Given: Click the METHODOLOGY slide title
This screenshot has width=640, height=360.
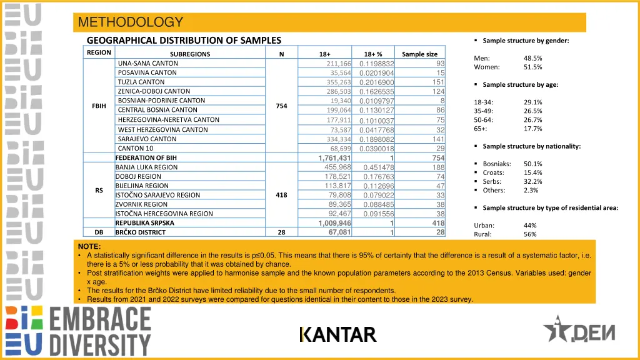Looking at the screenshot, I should [131, 22].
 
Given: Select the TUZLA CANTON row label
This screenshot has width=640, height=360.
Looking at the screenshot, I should [141, 82].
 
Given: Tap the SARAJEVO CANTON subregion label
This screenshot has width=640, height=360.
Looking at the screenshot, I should [147, 139].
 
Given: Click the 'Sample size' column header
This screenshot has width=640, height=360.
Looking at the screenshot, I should [419, 54].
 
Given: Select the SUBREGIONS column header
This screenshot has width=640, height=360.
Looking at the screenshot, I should [190, 54].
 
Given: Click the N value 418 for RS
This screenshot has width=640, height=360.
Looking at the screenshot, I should [281, 195].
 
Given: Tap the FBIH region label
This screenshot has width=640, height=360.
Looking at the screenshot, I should [99, 106].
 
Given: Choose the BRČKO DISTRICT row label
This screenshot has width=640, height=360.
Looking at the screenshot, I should [140, 232].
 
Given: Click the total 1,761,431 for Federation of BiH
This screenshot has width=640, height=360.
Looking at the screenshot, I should [334, 158].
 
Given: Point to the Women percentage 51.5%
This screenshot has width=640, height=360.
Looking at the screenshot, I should [533, 67].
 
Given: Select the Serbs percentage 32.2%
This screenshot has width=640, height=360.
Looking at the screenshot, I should [533, 181].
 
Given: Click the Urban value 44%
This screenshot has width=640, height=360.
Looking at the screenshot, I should [531, 225].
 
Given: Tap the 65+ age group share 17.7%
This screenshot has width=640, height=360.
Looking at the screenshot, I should [533, 129].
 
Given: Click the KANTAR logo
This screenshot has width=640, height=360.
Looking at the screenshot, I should [337, 335].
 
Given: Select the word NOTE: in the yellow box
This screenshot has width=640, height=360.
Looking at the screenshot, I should [89, 247].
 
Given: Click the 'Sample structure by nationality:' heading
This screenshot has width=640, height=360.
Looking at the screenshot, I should [531, 146].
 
